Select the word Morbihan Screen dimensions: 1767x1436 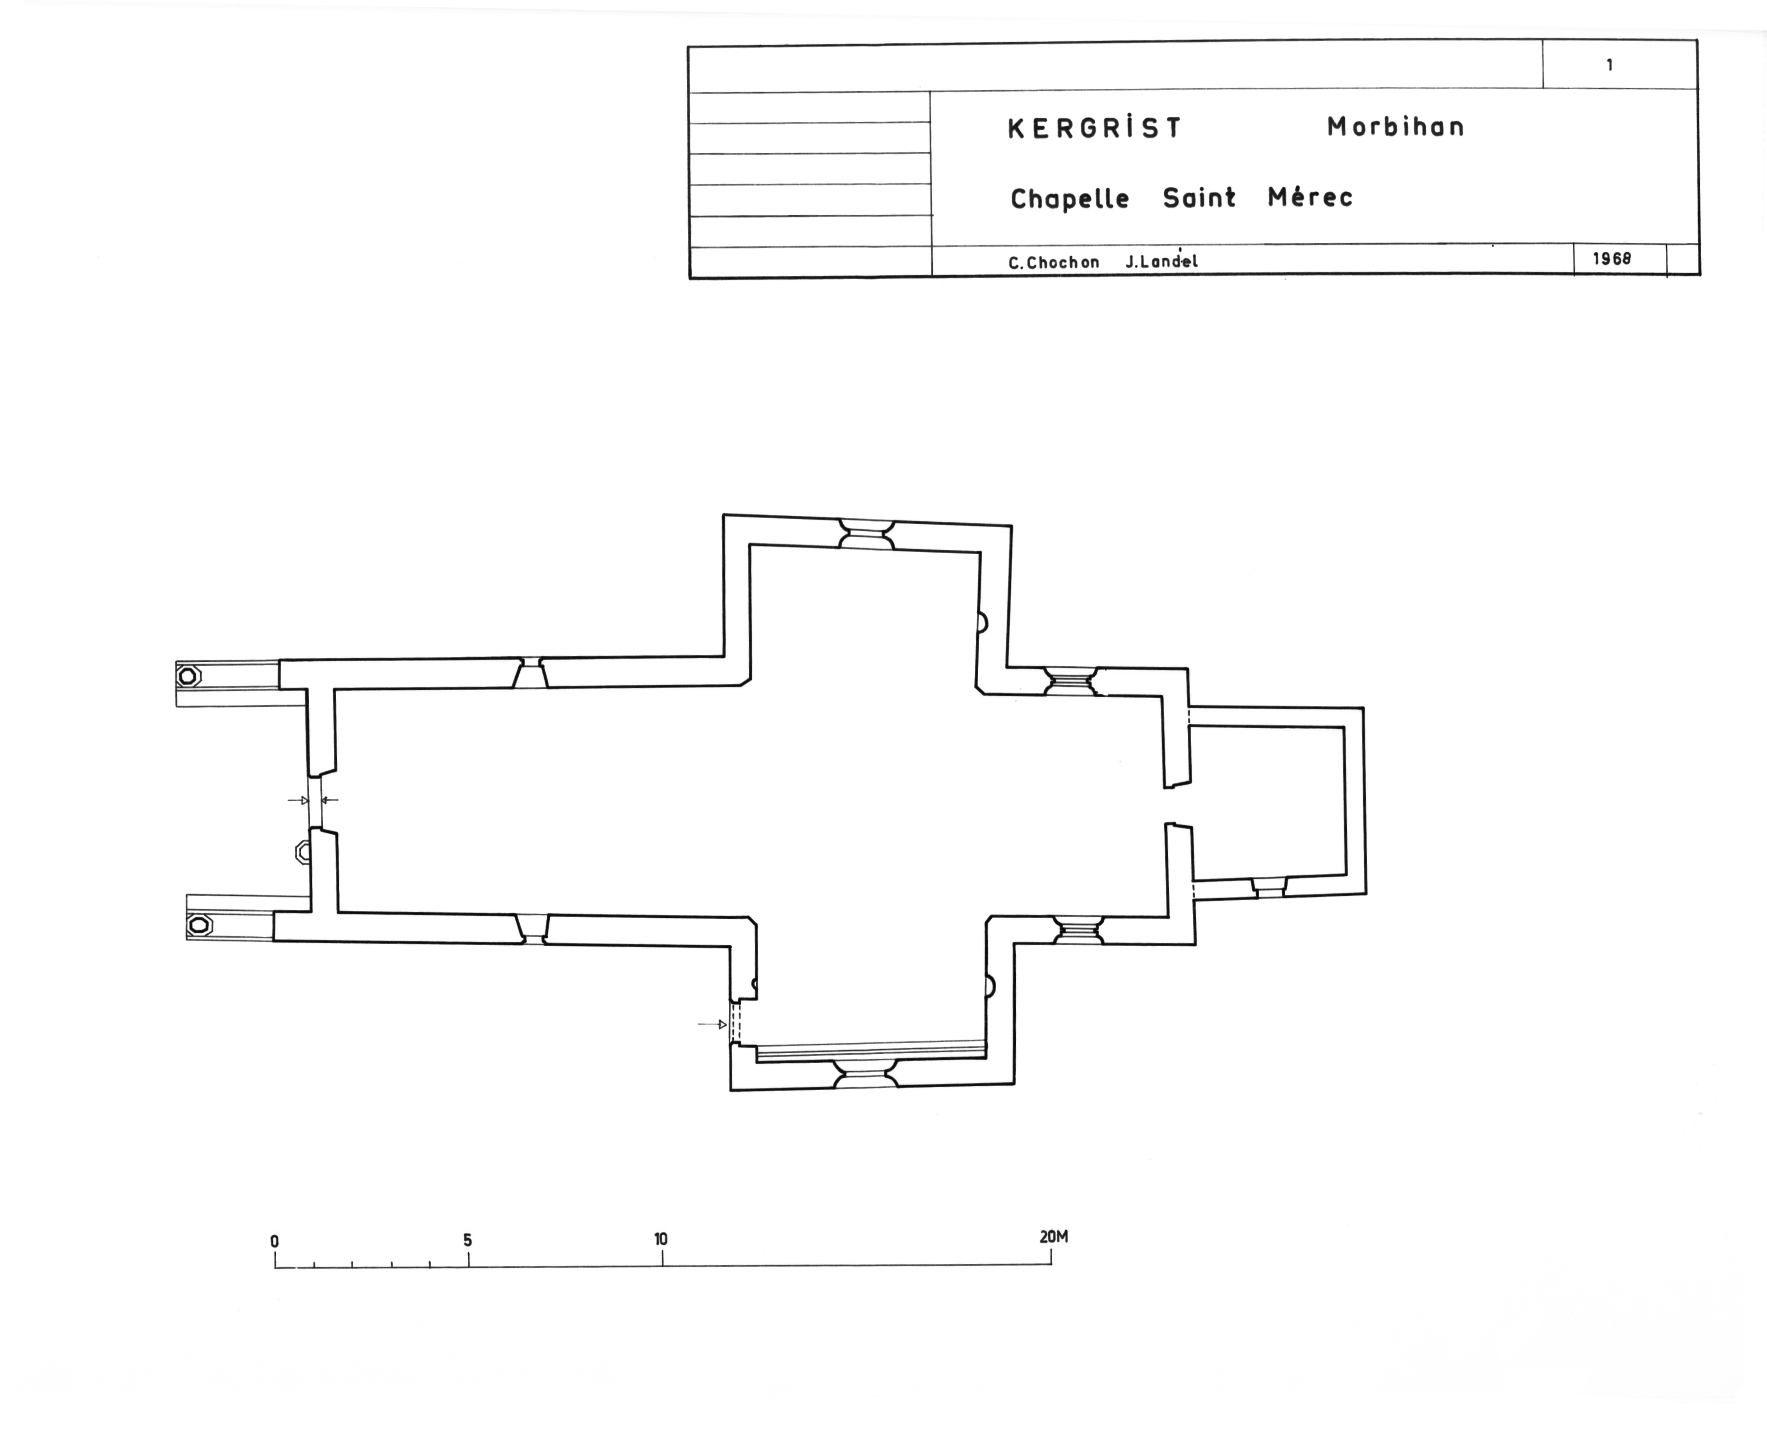1395,127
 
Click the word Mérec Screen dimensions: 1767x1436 1310,197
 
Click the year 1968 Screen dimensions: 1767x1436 1611,258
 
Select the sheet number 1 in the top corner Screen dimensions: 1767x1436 1610,65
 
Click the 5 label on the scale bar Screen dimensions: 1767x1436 468,1240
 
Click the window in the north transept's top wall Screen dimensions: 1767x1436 867,534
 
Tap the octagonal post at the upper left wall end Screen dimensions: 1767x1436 189,676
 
